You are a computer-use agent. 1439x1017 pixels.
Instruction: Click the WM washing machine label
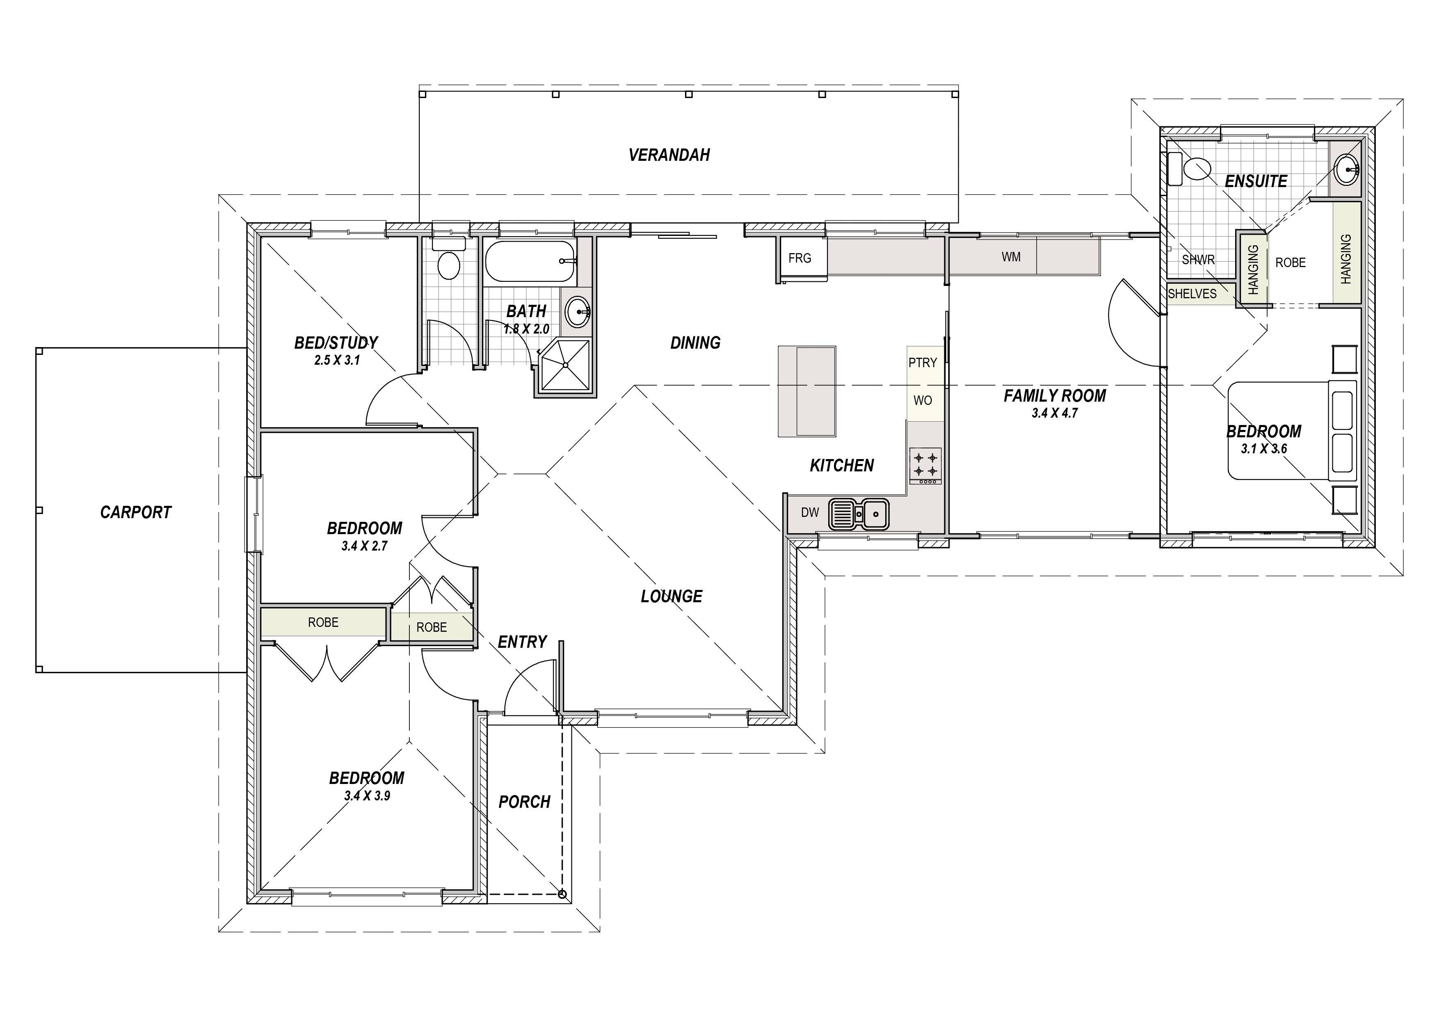point(1011,257)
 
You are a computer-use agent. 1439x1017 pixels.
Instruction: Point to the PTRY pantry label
point(923,362)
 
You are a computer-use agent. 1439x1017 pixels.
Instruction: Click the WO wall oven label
point(923,400)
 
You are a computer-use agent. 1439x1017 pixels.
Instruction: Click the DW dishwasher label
point(810,512)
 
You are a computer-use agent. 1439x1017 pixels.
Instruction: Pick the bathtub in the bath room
point(530,261)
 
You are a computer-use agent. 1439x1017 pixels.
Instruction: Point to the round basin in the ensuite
point(1345,169)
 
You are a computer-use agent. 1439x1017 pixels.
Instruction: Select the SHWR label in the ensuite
point(1198,259)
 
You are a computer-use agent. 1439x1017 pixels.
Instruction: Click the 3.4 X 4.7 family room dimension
point(1054,413)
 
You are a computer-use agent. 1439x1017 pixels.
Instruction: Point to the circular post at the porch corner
point(562,895)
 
